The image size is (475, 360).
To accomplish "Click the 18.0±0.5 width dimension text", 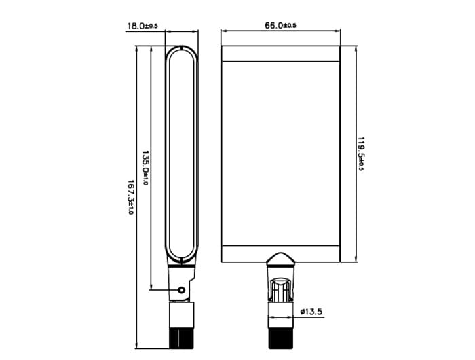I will pos(142,26).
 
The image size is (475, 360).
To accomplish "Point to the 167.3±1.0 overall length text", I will pos(129,198).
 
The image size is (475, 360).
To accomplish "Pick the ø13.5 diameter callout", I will pos(311,312).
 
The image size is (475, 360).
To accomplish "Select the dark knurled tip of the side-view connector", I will pos(181,337).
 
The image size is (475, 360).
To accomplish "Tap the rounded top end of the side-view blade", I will pos(181,51).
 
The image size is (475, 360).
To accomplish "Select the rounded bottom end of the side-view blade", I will pos(181,257).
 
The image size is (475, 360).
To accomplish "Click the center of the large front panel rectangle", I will pos(280,154).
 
